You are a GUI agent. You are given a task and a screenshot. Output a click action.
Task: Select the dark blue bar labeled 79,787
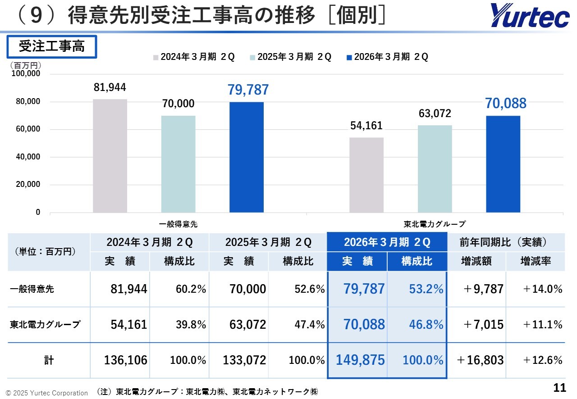[247, 157]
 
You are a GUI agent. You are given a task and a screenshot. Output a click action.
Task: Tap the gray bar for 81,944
[110, 156]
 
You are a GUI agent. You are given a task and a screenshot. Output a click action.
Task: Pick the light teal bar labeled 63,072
[435, 169]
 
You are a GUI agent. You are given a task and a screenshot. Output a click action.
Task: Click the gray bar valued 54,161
[366, 175]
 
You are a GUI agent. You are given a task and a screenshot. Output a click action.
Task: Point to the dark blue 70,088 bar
[503, 164]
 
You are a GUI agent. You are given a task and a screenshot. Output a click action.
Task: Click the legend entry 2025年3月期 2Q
[291, 57]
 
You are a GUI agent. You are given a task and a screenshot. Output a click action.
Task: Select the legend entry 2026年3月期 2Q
[388, 57]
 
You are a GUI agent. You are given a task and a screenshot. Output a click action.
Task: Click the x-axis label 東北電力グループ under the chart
[435, 223]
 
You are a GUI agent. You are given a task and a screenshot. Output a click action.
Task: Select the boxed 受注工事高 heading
[51, 46]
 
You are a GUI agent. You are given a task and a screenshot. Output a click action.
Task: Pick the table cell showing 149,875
[360, 360]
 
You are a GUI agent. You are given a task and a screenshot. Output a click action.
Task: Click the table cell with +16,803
[480, 360]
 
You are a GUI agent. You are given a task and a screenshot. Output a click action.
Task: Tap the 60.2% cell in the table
[191, 289]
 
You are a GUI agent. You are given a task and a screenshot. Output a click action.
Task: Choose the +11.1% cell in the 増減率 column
[543, 325]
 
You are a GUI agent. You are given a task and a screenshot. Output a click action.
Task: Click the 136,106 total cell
[125, 360]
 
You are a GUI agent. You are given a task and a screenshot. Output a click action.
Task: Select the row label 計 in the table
[49, 360]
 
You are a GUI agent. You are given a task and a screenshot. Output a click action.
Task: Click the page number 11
[559, 387]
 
